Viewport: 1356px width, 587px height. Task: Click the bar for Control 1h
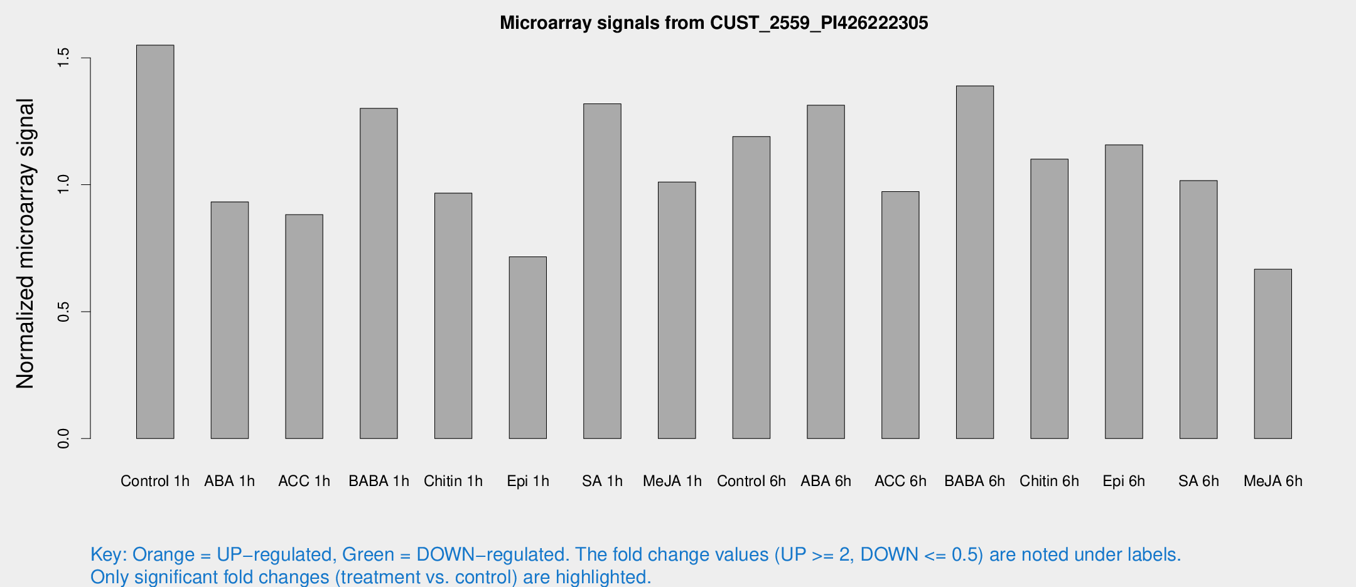pyautogui.click(x=155, y=241)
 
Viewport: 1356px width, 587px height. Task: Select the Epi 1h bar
pyautogui.click(x=527, y=347)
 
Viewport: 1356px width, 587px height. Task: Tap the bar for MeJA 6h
pyautogui.click(x=1273, y=354)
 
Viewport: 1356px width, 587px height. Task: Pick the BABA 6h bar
pyautogui.click(x=974, y=262)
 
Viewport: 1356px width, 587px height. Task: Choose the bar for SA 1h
pyautogui.click(x=602, y=271)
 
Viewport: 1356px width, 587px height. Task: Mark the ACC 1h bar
pyautogui.click(x=304, y=326)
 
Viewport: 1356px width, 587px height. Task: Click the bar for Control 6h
pyautogui.click(x=751, y=287)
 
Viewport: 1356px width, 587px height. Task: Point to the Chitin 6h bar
pyautogui.click(x=1049, y=299)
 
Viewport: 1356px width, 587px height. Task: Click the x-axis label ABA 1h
pyautogui.click(x=229, y=481)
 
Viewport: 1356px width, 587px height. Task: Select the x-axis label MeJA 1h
pyautogui.click(x=672, y=481)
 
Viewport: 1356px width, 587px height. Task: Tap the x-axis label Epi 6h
pyautogui.click(x=1124, y=481)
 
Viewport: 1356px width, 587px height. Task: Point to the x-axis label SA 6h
pyautogui.click(x=1198, y=481)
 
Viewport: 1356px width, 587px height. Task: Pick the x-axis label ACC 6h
pyautogui.click(x=900, y=481)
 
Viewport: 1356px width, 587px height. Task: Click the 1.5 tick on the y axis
pyautogui.click(x=63, y=58)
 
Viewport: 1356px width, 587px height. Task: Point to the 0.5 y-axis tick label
pyautogui.click(x=63, y=312)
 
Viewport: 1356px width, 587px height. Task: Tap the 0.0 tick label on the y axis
pyautogui.click(x=63, y=438)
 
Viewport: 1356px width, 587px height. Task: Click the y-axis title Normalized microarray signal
pyautogui.click(x=25, y=243)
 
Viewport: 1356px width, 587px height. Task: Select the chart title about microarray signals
pyautogui.click(x=714, y=23)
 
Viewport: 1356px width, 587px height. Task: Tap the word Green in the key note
pyautogui.click(x=368, y=554)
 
